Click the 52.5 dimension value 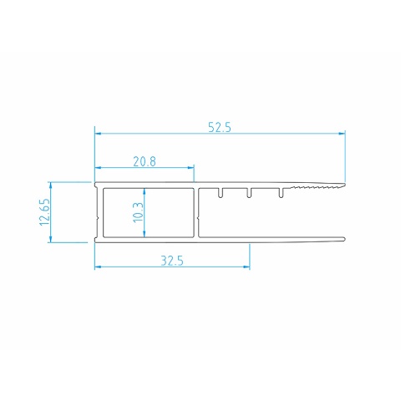pos(220,128)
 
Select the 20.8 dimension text pos(145,161)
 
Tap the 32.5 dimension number pos(172,261)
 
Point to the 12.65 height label pos(45,212)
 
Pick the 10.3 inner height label pos(138,212)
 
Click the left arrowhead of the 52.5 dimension pos(98,134)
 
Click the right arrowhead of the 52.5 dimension pos(342,134)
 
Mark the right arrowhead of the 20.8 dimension pos(190,168)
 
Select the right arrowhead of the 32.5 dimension pos(246,267)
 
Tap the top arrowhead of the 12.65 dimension pos(50,185)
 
